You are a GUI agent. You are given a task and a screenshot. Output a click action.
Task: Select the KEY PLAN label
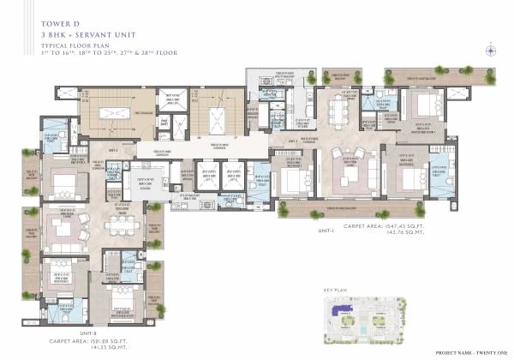pyautogui.click(x=333, y=291)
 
